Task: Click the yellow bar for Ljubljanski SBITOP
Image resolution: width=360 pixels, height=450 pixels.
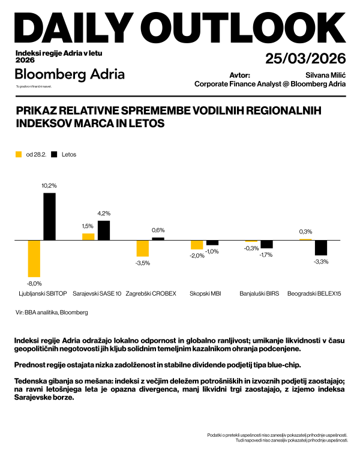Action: pyautogui.click(x=34, y=259)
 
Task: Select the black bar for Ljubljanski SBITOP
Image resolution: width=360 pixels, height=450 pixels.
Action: pyautogui.click(x=49, y=216)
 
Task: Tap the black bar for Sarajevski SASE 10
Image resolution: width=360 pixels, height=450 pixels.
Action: pyautogui.click(x=104, y=230)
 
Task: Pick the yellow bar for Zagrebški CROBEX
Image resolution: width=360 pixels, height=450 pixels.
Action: pyautogui.click(x=142, y=248)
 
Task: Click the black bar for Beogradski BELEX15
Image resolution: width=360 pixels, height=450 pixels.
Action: pyautogui.click(x=321, y=247)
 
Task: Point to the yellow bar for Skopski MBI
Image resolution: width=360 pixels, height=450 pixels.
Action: pyautogui.click(x=197, y=244)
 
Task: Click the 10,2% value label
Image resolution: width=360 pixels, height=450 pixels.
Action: pyautogui.click(x=49, y=186)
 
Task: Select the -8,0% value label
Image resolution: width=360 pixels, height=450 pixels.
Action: pyautogui.click(x=34, y=283)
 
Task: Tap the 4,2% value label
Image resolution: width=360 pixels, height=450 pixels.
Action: pyautogui.click(x=104, y=214)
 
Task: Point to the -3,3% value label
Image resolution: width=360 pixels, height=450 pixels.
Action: pyautogui.click(x=322, y=261)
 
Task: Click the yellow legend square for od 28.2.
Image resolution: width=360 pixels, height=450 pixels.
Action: pyautogui.click(x=18, y=154)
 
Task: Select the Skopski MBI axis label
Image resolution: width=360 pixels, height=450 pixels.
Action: pyautogui.click(x=205, y=294)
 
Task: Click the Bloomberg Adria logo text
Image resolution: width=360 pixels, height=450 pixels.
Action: pyautogui.click(x=70, y=74)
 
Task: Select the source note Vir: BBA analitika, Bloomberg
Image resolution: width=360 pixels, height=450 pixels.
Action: pyautogui.click(x=52, y=313)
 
